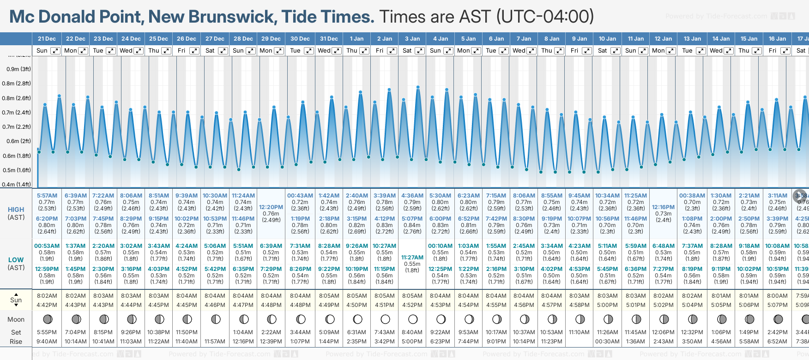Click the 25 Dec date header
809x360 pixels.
(158, 39)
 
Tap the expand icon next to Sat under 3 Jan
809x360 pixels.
(420, 51)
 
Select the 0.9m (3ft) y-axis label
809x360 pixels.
(18, 69)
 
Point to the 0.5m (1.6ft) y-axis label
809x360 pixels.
(17, 170)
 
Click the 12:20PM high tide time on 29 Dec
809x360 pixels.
(271, 207)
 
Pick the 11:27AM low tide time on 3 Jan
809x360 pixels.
(412, 258)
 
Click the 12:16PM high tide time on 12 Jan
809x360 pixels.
(663, 207)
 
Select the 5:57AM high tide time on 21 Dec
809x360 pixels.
(47, 196)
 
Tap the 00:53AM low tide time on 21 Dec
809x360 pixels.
(47, 246)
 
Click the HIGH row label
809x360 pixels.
(16, 210)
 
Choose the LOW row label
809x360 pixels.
(16, 260)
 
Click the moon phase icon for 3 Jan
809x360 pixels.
(413, 319)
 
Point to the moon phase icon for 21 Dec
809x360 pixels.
(47, 319)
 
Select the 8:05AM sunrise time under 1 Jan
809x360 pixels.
(356, 296)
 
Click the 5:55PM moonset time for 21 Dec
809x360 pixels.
(47, 332)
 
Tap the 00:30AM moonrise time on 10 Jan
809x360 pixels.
(607, 342)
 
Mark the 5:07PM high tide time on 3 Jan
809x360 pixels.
(412, 219)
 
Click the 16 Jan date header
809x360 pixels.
(778, 39)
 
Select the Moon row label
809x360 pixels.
(16, 319)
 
